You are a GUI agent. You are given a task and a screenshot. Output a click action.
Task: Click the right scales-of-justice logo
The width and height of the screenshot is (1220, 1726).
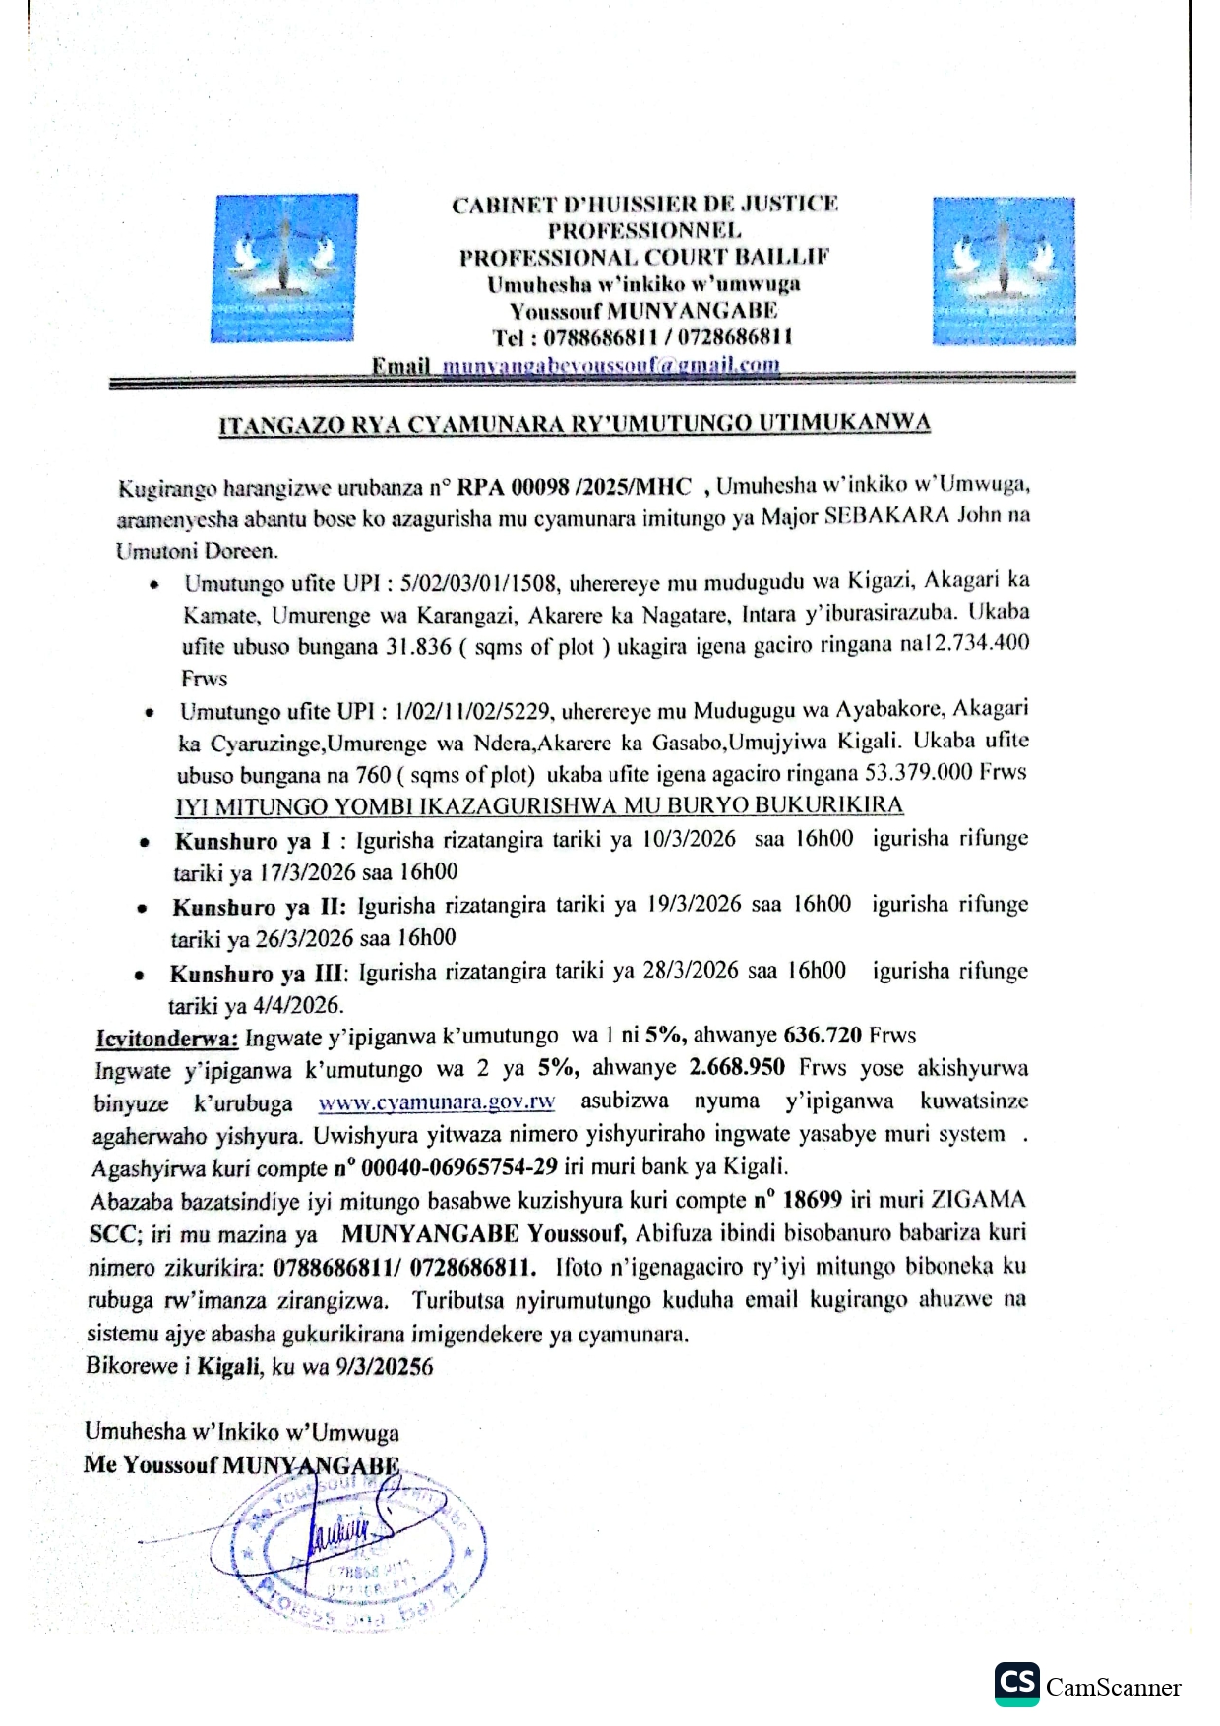click(x=1004, y=269)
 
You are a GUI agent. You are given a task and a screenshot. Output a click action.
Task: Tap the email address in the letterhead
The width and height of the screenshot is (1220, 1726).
click(x=610, y=366)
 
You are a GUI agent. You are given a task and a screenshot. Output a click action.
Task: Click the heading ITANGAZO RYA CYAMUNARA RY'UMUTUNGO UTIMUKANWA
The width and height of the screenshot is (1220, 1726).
click(x=574, y=424)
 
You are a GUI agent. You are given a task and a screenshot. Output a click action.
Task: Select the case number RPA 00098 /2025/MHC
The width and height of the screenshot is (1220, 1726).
click(x=576, y=486)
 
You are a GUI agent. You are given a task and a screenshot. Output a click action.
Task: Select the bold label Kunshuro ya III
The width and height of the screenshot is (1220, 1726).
click(x=258, y=974)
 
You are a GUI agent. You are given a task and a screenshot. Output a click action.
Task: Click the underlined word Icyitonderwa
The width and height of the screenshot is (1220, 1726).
click(x=166, y=1037)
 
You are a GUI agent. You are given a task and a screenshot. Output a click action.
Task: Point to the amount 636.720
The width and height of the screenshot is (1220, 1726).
click(x=823, y=1036)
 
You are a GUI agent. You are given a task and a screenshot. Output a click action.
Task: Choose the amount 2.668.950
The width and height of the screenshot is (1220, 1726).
click(x=737, y=1068)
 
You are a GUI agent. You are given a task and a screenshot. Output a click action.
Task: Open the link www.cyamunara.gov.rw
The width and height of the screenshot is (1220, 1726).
click(x=437, y=1102)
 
